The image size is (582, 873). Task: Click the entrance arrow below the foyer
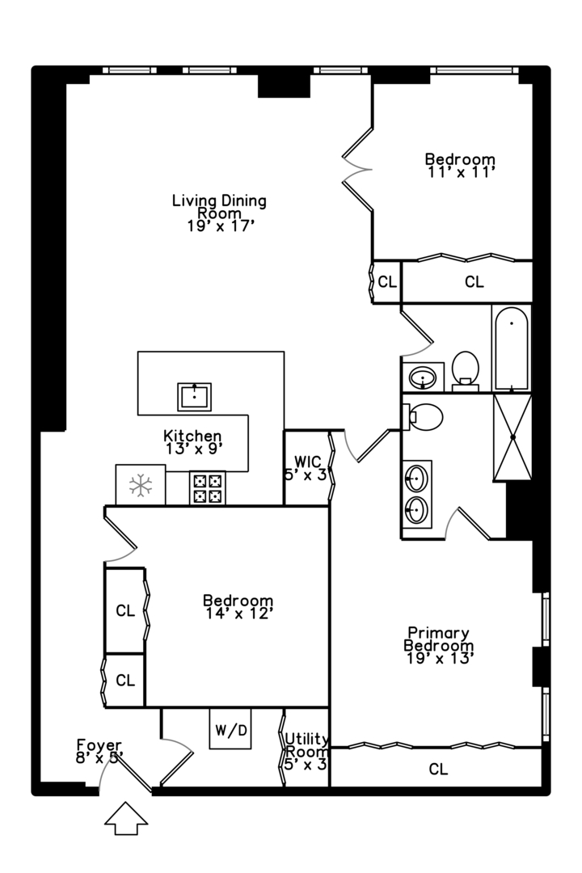[126, 818]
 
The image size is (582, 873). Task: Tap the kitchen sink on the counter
[194, 397]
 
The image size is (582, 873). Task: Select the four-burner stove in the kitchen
[207, 488]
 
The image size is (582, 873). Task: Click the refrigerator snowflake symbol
[141, 486]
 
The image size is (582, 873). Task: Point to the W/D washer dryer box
[230, 729]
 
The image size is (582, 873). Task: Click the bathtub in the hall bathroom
[511, 348]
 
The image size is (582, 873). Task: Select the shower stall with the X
[513, 437]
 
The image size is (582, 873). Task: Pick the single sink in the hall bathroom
[424, 377]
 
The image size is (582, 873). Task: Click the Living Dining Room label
[219, 207]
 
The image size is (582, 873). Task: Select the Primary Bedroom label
[439, 639]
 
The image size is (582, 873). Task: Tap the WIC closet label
[307, 462]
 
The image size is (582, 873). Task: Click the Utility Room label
[306, 745]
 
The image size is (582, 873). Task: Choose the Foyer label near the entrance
[99, 744]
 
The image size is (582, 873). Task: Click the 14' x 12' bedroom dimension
[238, 614]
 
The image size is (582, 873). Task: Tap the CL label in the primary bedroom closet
[438, 770]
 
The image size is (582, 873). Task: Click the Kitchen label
[192, 436]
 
